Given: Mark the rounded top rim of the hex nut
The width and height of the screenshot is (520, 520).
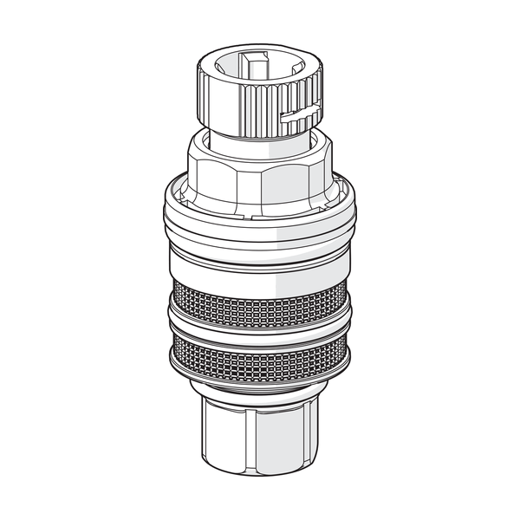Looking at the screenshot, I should click(260, 154).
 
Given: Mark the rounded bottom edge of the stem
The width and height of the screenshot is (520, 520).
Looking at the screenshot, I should click(260, 472).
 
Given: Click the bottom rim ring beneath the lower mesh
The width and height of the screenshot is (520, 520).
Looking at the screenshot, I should click(260, 381).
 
